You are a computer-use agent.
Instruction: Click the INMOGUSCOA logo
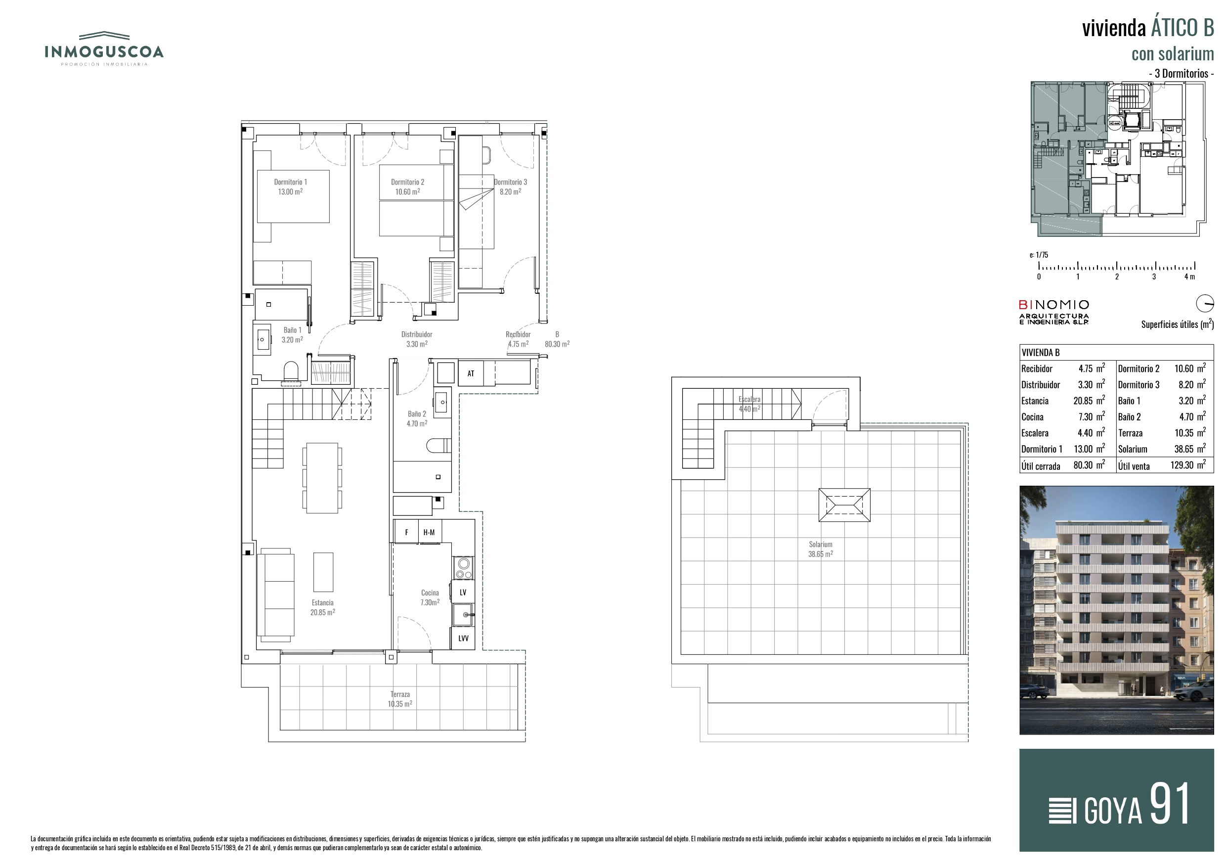tap(104, 48)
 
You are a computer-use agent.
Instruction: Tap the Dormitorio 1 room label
tap(290, 186)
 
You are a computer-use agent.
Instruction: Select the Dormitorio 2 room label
tap(407, 186)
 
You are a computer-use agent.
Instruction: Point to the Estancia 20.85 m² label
tap(323, 607)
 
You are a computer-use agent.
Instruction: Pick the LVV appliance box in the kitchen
tap(463, 639)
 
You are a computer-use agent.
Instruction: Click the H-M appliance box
tap(429, 532)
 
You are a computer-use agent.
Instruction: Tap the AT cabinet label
tap(471, 373)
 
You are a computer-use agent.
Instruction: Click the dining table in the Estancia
tap(322, 478)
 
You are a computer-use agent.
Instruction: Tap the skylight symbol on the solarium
tap(844, 505)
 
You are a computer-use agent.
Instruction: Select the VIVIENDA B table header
tap(1041, 353)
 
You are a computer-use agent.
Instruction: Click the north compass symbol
tap(1205, 303)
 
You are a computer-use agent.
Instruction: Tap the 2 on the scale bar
tap(1117, 276)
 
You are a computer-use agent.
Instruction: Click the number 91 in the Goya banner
tap(1170, 803)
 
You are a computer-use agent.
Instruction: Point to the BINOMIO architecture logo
tap(1054, 312)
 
